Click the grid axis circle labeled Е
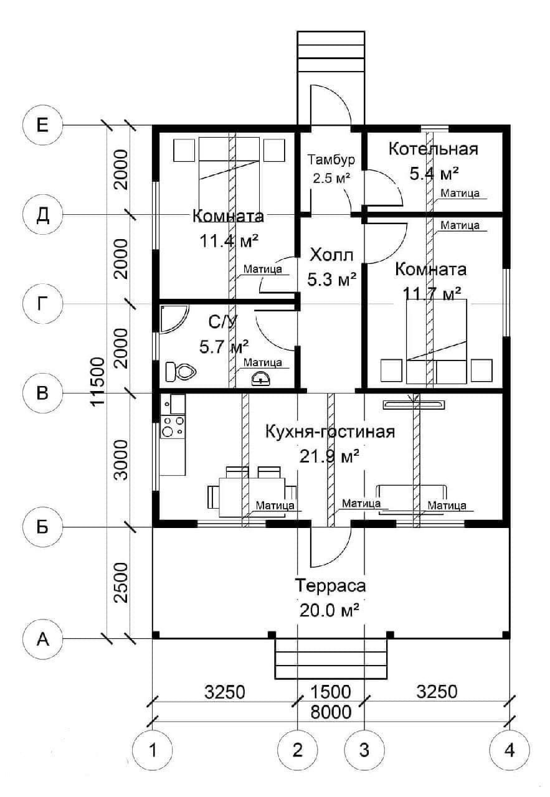pos(42,126)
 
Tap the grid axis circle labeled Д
pos(42,215)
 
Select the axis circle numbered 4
pos(510,750)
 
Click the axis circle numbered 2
pos(298,750)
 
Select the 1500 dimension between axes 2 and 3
pos(331,692)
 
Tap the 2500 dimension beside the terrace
pos(120,583)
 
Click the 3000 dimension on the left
pos(120,460)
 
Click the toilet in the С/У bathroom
pos(181,372)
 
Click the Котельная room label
pos(433,149)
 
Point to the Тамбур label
pos(330,159)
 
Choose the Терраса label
pos(330,587)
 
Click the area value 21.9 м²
pos(330,456)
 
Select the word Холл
pos(331,255)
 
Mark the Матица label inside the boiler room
pos(460,194)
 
